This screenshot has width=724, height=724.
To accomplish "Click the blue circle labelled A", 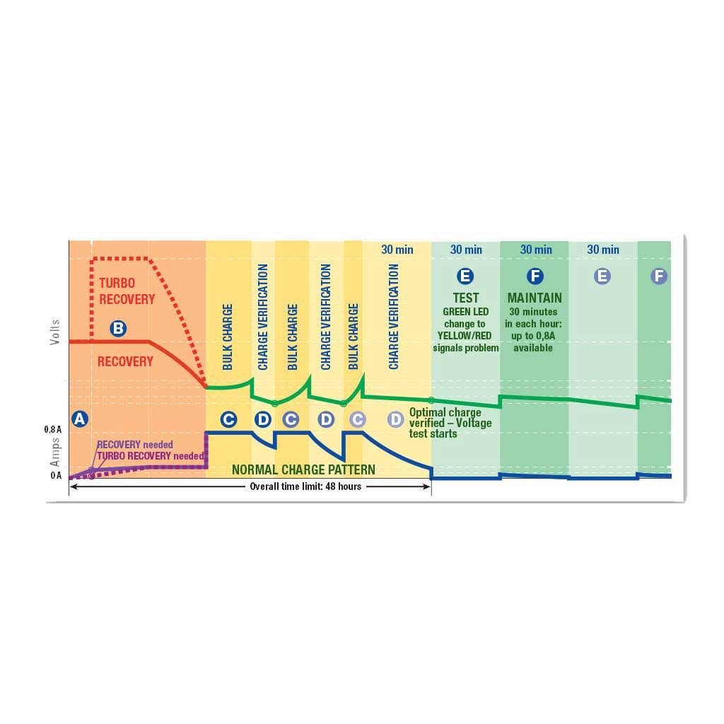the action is (x=80, y=419).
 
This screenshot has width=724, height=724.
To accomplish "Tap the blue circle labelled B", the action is (x=118, y=328).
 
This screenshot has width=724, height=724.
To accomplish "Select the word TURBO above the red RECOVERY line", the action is (x=117, y=283).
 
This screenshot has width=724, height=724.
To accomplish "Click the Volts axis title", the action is (x=55, y=332).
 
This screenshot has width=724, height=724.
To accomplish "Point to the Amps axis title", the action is (x=55, y=452).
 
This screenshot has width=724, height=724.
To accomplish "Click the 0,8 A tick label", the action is (x=52, y=429).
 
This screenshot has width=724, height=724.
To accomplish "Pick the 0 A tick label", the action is (x=56, y=475).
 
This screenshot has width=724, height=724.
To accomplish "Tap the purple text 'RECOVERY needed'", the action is (x=135, y=445).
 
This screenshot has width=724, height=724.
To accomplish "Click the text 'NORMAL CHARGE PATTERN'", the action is (x=303, y=469).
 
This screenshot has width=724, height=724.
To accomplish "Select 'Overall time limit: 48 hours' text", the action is (x=305, y=486).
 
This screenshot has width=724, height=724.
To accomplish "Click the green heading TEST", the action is (x=465, y=298).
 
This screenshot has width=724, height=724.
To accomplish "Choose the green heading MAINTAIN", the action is (x=535, y=298).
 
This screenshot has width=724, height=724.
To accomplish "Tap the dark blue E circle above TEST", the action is (x=465, y=276).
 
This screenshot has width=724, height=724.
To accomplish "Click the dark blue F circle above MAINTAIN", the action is (x=535, y=276).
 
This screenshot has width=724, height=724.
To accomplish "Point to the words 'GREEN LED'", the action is (x=465, y=312).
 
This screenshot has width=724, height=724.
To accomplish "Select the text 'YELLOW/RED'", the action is (x=465, y=336).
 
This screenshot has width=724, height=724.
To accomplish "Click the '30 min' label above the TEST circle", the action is (x=466, y=250).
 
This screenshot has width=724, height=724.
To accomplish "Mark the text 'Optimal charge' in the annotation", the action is (x=445, y=412).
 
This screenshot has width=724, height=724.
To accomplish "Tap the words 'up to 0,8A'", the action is (x=533, y=336).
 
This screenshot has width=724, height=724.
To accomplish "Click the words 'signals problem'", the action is (x=466, y=348).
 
